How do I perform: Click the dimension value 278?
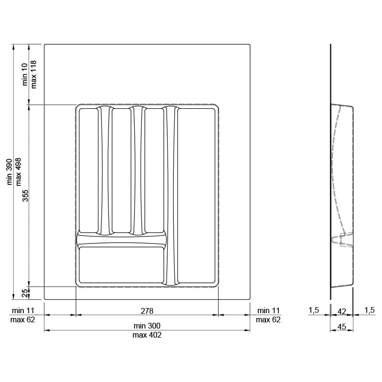[x=147, y=311]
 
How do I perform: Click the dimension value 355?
[x=25, y=195]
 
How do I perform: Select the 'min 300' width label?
[x=147, y=326]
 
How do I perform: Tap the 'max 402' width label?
[x=147, y=335]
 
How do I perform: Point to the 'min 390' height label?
[x=9, y=172]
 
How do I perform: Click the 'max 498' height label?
[x=18, y=172]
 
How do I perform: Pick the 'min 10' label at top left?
[x=25, y=74]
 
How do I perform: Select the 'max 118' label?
[x=33, y=74]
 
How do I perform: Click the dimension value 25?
[x=25, y=293]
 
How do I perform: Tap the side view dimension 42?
[x=341, y=311]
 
